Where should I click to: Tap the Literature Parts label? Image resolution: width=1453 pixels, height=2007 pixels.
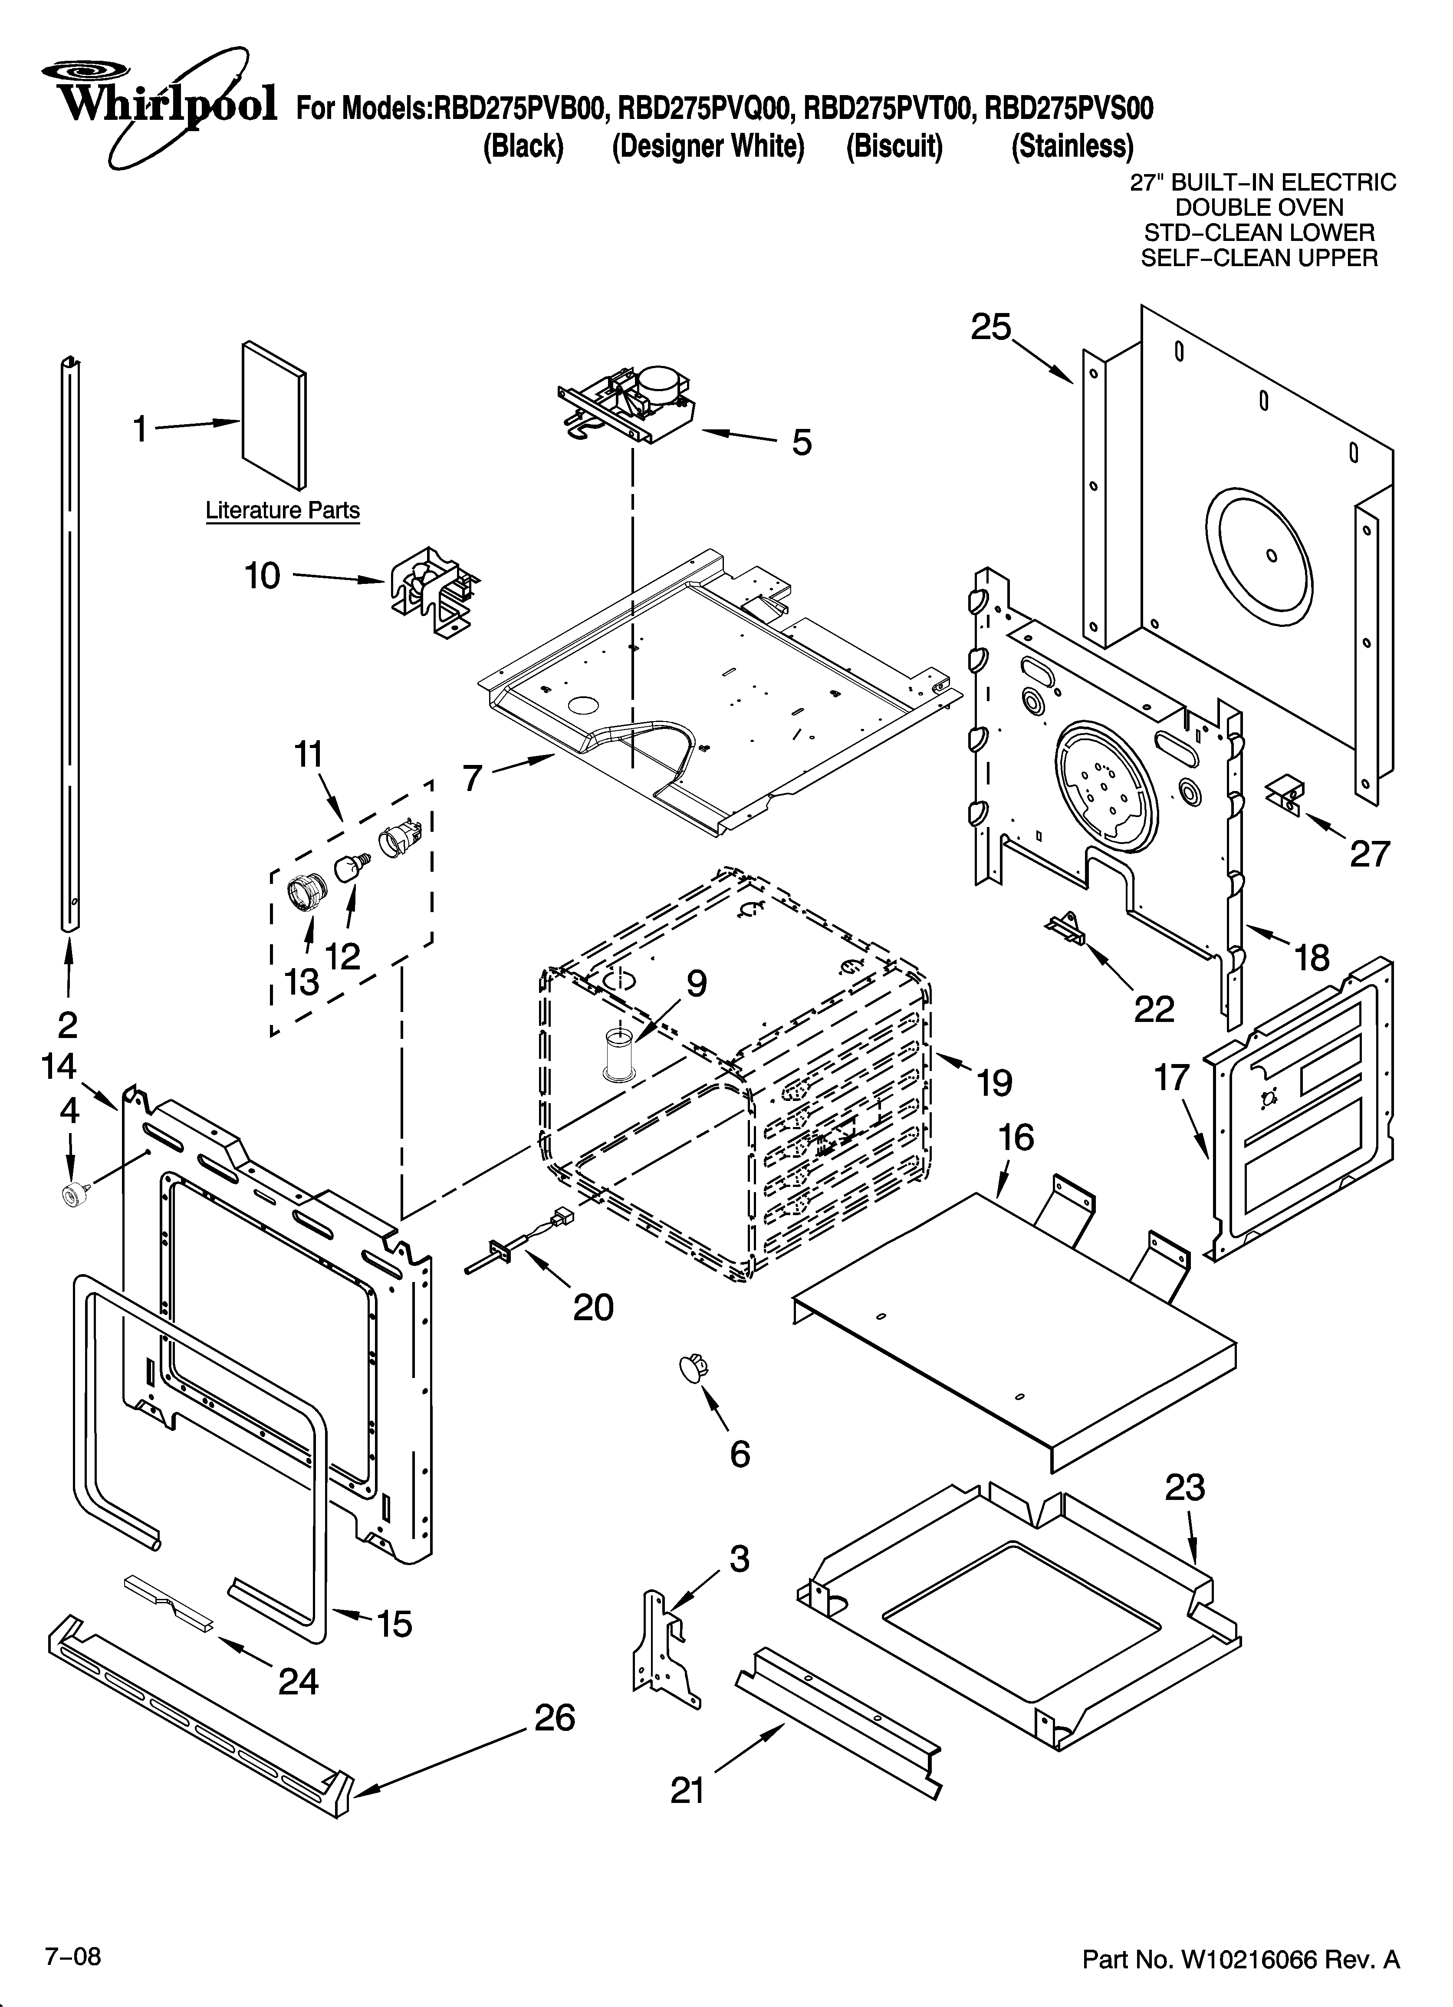[x=282, y=511]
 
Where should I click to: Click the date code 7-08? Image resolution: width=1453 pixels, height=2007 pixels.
[x=73, y=1950]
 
